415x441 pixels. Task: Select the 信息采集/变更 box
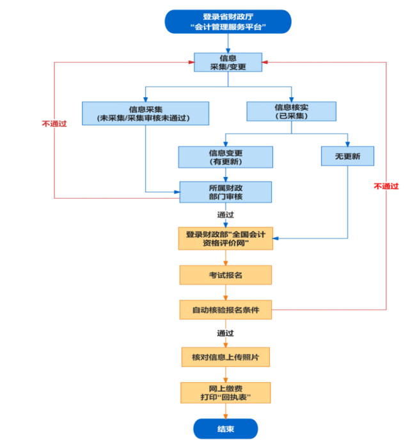(228, 62)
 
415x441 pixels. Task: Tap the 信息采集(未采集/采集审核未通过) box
(146, 113)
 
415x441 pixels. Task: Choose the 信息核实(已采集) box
(291, 111)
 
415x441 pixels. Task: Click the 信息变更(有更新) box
(225, 157)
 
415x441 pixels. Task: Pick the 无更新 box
(348, 157)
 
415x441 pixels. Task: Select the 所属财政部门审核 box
(225, 192)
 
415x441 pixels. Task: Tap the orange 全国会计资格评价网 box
(226, 238)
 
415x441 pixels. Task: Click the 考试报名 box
(226, 275)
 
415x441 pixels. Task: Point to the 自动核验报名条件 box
(226, 310)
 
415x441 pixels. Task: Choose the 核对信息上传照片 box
(226, 357)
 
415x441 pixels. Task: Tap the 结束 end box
(226, 429)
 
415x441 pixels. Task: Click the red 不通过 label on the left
(54, 123)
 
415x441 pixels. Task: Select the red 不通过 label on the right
(386, 186)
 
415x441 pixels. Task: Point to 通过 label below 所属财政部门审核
(226, 214)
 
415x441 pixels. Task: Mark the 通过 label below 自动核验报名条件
(226, 333)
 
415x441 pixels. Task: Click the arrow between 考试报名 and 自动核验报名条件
(226, 292)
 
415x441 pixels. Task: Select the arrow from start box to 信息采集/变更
(228, 42)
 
